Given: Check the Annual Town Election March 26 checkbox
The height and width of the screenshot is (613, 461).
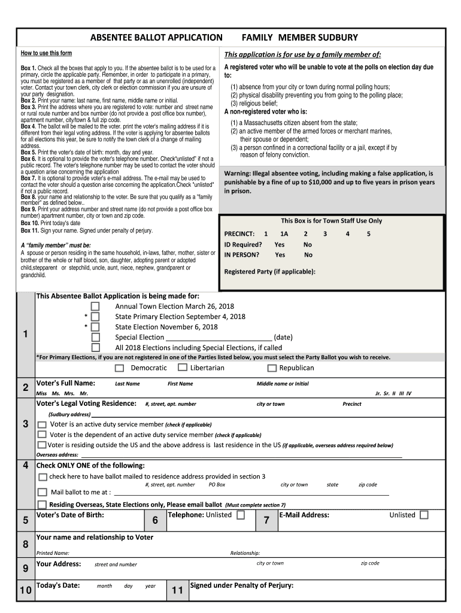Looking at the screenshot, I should [95, 306].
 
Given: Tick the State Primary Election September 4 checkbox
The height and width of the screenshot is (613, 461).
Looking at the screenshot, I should [95, 317].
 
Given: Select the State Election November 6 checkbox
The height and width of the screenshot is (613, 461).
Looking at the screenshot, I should [95, 327].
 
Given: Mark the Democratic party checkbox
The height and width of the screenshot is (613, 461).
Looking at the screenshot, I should [120, 368].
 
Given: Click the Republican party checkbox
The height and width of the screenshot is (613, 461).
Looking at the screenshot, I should [272, 368].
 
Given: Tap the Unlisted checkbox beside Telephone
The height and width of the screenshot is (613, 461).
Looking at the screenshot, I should [241, 515].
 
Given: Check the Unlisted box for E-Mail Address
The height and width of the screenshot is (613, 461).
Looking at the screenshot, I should [424, 515].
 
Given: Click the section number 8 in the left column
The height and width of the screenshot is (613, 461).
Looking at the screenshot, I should [25, 544].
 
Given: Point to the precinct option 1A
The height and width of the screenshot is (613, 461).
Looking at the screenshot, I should [284, 234].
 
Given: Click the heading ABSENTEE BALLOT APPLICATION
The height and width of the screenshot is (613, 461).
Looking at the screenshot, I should [156, 38].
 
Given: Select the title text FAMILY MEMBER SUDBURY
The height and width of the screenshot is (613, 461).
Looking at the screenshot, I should [299, 38].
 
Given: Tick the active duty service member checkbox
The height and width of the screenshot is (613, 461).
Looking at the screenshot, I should [42, 424].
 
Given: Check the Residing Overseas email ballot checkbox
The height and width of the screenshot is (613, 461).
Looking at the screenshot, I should [42, 505].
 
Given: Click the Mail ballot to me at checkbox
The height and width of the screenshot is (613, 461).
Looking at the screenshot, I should [42, 491].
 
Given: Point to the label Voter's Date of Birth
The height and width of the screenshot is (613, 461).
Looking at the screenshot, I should [70, 515].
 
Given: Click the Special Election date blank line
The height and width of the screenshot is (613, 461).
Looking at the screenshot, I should [219, 338].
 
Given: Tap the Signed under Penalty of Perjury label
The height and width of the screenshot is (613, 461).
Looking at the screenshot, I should [241, 585].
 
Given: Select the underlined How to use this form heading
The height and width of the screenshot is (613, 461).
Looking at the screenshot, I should [46, 53].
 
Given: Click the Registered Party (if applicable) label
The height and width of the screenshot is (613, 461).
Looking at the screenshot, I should [269, 271].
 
